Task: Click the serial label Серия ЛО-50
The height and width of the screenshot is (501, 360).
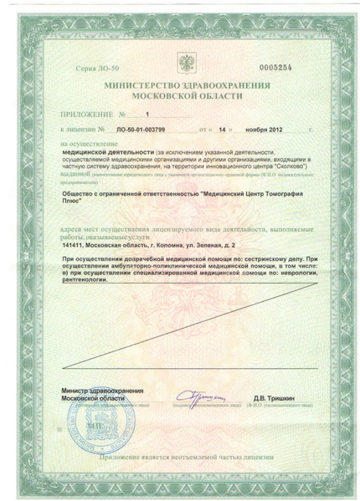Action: point(91,64)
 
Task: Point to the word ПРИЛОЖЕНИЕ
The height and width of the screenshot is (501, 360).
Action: point(85,114)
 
